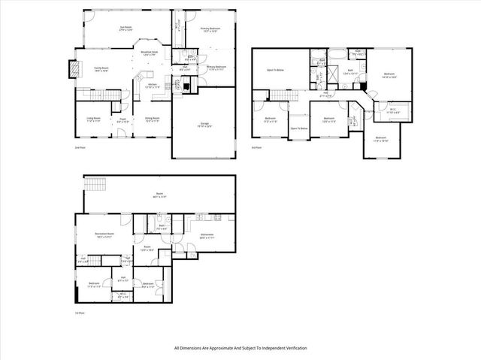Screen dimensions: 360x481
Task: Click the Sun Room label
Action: (x=126, y=29)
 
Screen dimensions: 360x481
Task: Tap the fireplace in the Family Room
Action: (x=73, y=68)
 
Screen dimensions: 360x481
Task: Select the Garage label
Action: (x=203, y=123)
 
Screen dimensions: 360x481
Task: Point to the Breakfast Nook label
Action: (x=149, y=53)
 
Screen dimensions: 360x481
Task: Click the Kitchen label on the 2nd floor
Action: (x=151, y=84)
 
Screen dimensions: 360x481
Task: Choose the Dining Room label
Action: (x=151, y=119)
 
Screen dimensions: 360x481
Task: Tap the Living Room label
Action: (x=94, y=119)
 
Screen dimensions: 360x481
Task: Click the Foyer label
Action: (x=123, y=119)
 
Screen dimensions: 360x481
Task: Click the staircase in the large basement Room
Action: (x=94, y=186)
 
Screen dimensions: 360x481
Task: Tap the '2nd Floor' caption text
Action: (x=79, y=148)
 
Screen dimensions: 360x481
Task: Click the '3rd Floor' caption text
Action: (x=256, y=148)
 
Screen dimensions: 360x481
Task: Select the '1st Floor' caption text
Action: (x=79, y=312)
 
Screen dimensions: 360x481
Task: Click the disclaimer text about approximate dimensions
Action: (x=240, y=348)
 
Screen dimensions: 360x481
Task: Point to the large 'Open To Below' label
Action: (x=275, y=70)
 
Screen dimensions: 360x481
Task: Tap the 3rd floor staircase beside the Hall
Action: (x=280, y=94)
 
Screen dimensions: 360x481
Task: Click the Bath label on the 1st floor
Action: (x=162, y=226)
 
